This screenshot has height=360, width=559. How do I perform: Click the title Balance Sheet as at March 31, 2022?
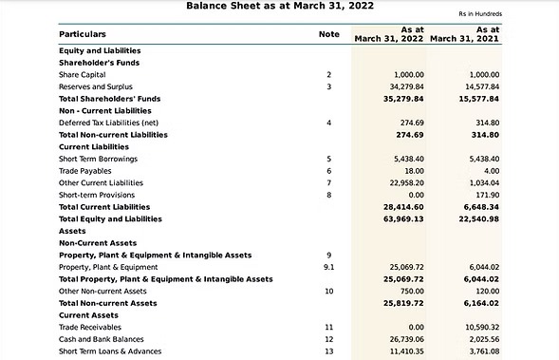[279, 7]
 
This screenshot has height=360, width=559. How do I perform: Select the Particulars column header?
[83, 34]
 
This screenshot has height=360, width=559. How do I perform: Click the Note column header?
[328, 34]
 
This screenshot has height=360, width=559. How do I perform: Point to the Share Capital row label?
[82, 74]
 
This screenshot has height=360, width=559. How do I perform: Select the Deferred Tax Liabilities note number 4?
[328, 123]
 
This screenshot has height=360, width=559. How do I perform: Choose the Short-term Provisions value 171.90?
[485, 195]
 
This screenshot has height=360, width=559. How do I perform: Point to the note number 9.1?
[329, 267]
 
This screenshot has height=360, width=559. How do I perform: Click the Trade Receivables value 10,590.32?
[478, 327]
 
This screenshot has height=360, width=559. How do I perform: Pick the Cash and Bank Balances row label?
[102, 339]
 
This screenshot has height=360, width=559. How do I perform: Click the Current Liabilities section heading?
[94, 147]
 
